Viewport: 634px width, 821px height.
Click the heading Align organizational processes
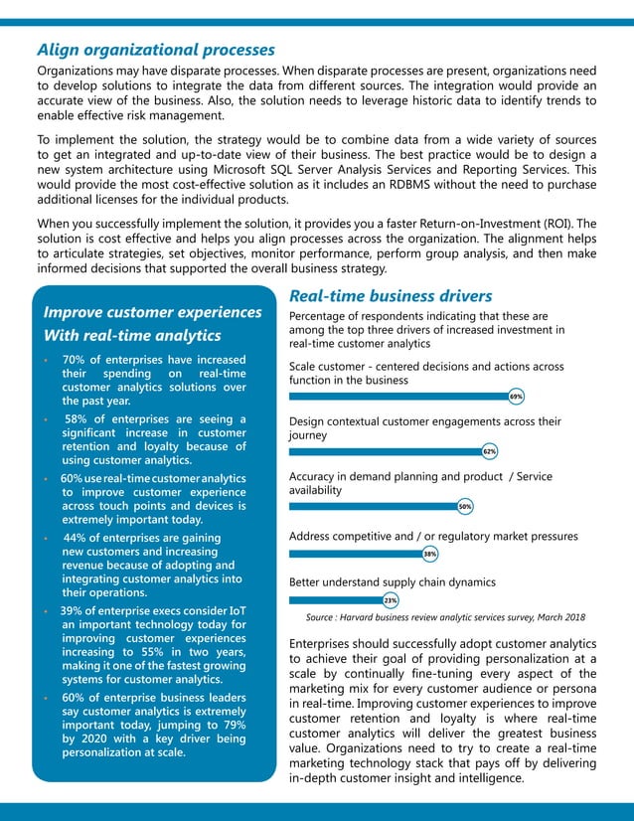click(156, 50)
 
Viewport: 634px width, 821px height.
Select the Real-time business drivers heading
click(390, 296)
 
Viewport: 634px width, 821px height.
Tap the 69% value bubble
click(516, 397)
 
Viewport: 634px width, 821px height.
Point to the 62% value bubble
click(489, 451)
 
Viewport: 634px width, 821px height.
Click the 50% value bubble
click(464, 507)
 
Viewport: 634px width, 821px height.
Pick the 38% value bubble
click(430, 554)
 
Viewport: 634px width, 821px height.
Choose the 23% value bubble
click(391, 600)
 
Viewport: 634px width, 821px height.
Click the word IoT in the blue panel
click(236, 609)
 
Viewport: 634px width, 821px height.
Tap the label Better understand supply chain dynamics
click(392, 582)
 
